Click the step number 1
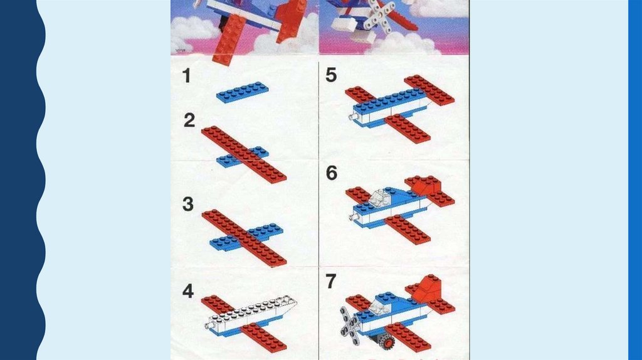(x=187, y=76)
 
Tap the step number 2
(x=189, y=120)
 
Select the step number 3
(x=188, y=204)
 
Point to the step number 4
(x=188, y=291)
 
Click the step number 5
(x=331, y=75)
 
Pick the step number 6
(x=332, y=173)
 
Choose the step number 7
(x=331, y=281)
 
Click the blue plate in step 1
(x=243, y=92)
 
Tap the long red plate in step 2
(x=244, y=154)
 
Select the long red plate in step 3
(x=244, y=238)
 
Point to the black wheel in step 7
(x=386, y=341)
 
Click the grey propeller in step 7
(x=349, y=324)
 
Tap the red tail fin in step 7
(x=428, y=289)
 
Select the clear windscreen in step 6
(x=380, y=198)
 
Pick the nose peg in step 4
(x=208, y=326)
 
